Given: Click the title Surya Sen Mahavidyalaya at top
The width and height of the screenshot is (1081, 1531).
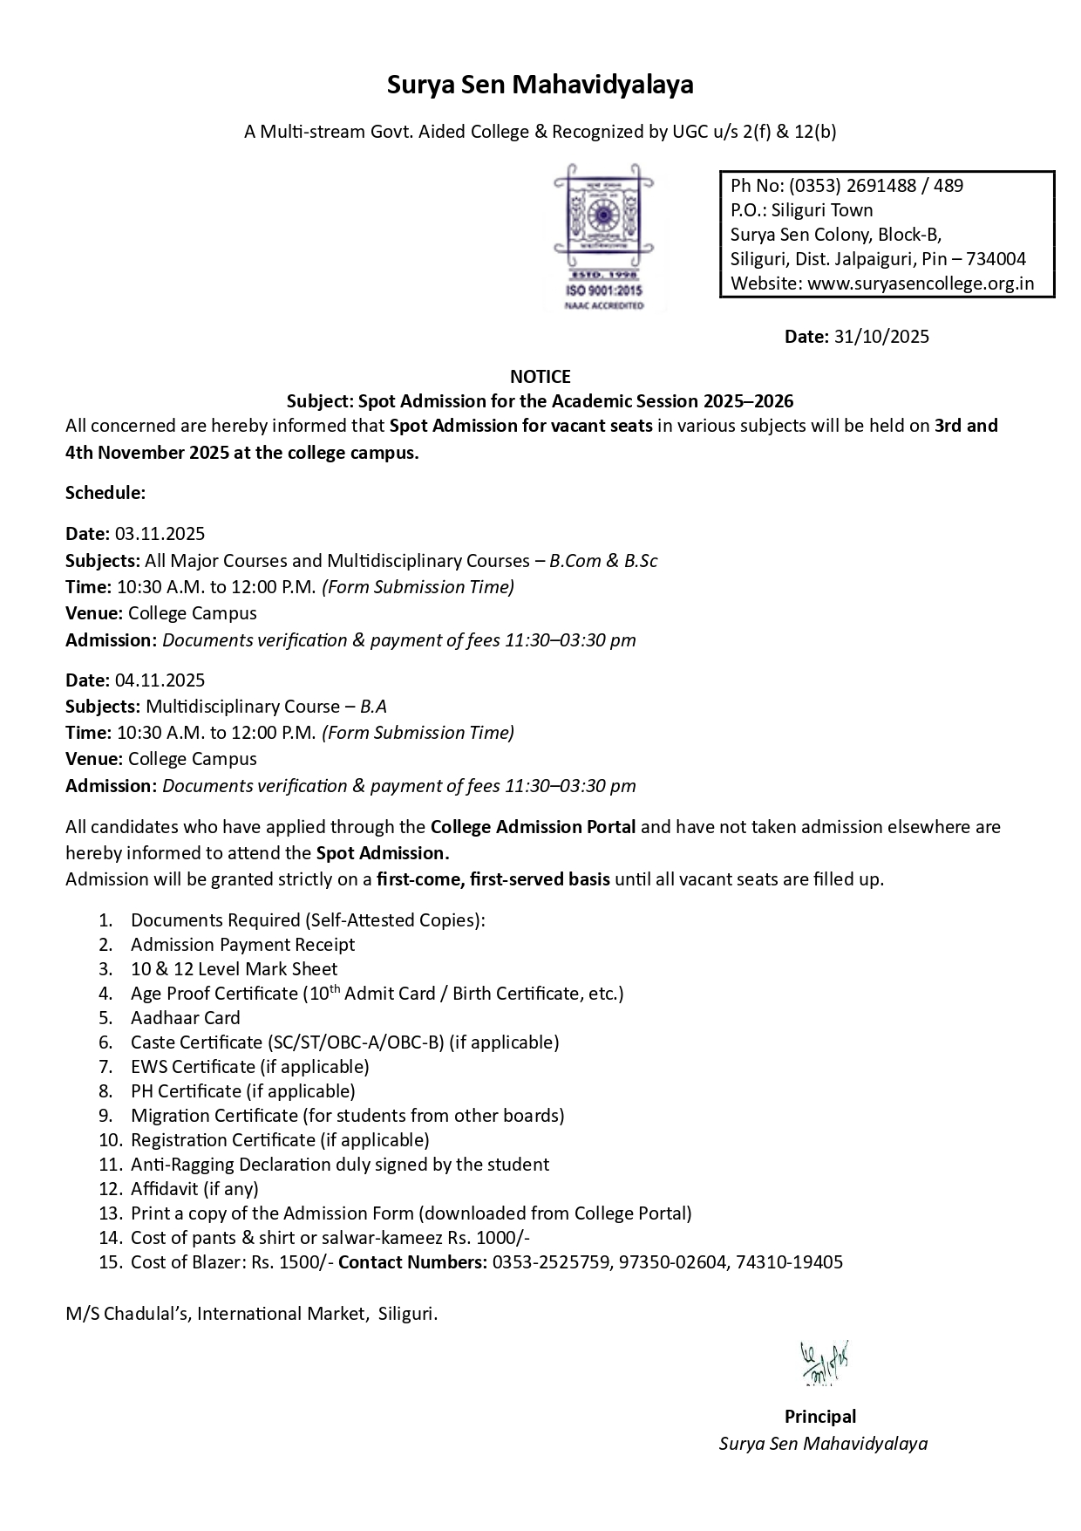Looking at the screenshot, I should click(x=540, y=85).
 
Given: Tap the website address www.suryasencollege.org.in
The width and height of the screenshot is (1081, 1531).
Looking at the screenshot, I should click(x=921, y=284).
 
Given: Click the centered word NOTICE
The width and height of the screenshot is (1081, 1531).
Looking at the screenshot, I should click(x=540, y=377).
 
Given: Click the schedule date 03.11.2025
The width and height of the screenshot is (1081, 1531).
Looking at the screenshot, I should click(x=160, y=534).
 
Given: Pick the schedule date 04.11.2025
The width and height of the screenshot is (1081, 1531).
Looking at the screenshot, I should click(x=160, y=680).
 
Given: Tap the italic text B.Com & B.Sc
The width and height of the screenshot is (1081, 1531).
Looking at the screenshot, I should click(x=603, y=561).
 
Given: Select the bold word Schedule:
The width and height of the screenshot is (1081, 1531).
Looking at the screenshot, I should click(x=105, y=493).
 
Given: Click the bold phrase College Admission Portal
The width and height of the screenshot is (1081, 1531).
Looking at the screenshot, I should click(x=533, y=827).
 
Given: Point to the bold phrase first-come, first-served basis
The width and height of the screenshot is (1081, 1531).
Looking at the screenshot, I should click(x=493, y=879).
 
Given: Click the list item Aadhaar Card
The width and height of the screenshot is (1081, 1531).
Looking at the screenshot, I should click(x=186, y=1018).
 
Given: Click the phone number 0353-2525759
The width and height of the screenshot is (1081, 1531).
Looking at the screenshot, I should click(x=550, y=1262).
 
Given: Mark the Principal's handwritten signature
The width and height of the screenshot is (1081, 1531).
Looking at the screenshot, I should click(x=824, y=1363).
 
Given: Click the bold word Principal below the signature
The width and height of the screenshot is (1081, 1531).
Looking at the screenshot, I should click(x=820, y=1417).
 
